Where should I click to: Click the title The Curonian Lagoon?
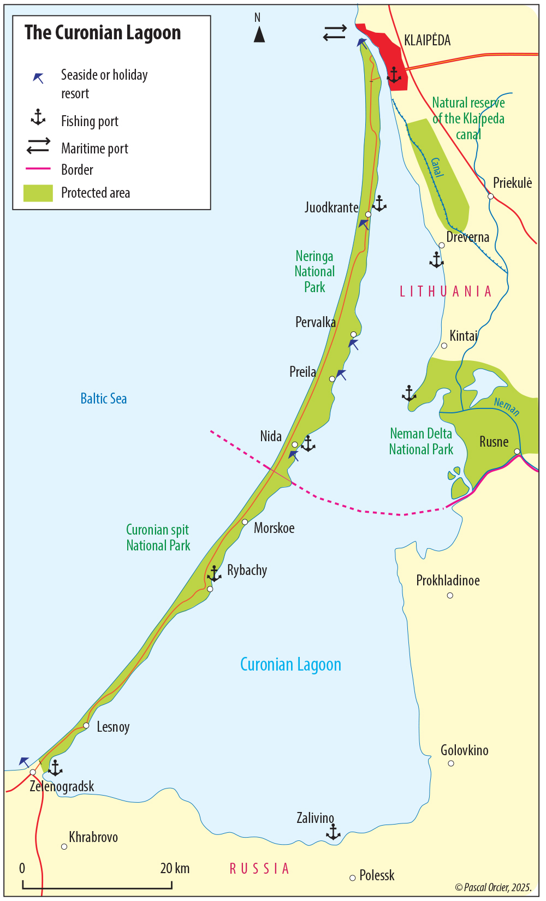click(103, 33)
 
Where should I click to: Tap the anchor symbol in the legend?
click(38, 117)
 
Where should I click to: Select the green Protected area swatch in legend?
click(38, 193)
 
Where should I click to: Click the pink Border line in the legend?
click(38, 169)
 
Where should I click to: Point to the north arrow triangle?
click(259, 34)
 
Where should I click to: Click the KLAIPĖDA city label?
click(427, 40)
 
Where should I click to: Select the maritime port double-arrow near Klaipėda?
click(335, 33)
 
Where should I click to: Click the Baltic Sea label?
click(104, 399)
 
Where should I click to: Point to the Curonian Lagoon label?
click(290, 665)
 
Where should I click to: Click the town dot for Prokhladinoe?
click(450, 595)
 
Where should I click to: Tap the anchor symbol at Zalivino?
click(333, 832)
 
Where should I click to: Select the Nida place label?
click(271, 436)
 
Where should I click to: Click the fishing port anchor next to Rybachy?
click(214, 573)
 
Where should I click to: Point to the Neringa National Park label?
click(314, 271)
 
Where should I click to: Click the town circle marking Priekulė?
click(490, 196)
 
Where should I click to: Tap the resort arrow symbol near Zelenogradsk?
click(24, 761)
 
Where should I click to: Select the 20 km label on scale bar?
click(175, 868)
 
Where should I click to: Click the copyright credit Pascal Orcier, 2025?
click(493, 887)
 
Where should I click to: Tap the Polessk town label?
click(377, 875)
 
